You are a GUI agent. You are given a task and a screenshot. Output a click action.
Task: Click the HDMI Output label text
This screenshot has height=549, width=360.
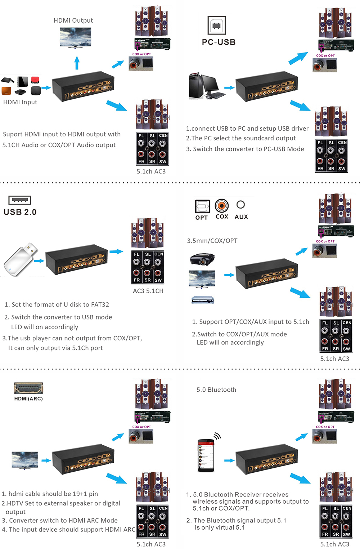(73, 21)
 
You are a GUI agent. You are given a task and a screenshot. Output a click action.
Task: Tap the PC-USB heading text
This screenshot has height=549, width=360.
(219, 42)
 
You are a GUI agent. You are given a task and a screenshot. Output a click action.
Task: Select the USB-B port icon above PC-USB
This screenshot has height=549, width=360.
(217, 26)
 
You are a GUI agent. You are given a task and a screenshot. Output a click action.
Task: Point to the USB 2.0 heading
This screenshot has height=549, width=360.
(20, 212)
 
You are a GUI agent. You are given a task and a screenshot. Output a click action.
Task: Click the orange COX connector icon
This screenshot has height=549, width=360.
(222, 206)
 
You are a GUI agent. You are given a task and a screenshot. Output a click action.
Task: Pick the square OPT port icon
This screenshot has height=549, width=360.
(202, 207)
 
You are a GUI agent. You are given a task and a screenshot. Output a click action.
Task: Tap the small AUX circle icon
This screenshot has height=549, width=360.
(240, 205)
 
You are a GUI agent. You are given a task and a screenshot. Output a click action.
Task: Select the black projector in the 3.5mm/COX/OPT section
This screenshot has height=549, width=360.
(202, 259)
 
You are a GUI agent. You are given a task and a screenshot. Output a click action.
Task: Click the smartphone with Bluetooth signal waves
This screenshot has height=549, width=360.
(206, 455)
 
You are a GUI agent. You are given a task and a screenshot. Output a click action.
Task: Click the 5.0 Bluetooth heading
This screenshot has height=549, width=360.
(216, 390)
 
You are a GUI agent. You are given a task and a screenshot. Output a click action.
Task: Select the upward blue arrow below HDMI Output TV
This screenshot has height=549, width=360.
(77, 63)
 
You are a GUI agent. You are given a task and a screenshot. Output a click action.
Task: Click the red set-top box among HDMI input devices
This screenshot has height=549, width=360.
(35, 80)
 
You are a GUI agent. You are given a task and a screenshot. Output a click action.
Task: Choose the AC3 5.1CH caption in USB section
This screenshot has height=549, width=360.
(148, 291)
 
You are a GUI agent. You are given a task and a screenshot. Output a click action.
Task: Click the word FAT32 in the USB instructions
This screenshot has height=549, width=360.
(100, 304)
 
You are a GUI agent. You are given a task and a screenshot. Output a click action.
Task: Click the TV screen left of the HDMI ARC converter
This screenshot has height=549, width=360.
(24, 459)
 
